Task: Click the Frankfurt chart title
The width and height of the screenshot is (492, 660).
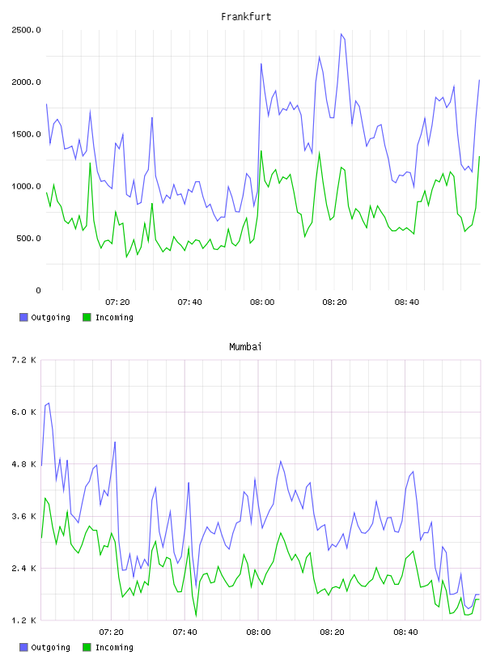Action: tap(246, 16)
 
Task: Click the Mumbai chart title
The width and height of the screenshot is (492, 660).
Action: tap(245, 346)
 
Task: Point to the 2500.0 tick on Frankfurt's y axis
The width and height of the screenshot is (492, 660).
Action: tap(26, 30)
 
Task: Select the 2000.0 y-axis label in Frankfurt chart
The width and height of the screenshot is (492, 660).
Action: tap(26, 82)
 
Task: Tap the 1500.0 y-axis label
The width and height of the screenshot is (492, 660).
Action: tap(26, 134)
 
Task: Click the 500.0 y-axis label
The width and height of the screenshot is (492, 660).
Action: tap(28, 239)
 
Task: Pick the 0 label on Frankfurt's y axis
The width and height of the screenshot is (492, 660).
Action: tap(38, 290)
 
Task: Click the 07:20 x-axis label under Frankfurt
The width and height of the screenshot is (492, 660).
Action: tap(117, 302)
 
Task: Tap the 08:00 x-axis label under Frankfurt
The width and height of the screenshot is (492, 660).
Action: tap(262, 302)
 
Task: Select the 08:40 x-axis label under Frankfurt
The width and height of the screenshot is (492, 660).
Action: tap(407, 302)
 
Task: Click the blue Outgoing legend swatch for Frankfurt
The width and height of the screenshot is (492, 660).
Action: tap(23, 317)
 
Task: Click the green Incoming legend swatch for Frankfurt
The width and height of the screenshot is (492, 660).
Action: tap(87, 317)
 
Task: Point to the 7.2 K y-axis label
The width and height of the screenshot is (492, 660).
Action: tap(23, 360)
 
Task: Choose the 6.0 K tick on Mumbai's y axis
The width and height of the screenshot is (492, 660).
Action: tap(23, 412)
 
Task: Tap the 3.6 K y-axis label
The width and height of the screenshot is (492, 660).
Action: tap(23, 517)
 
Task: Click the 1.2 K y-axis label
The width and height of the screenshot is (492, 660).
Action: tap(23, 620)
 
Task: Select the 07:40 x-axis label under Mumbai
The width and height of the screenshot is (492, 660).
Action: tap(185, 632)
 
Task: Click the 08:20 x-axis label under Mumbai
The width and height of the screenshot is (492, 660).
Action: tap(332, 632)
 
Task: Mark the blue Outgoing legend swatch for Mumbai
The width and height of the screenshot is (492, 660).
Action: tap(23, 647)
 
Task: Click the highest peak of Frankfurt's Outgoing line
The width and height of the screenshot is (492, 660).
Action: tap(341, 34)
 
